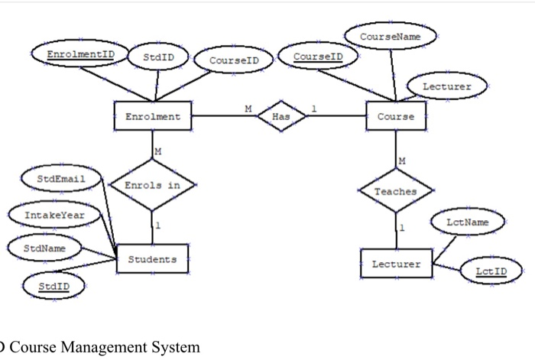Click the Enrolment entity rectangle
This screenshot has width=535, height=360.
pos(153,117)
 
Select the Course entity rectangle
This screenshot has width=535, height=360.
pos(396,117)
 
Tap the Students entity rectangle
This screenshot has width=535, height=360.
pos(152,259)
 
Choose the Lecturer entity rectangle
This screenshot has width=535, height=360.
pos(396,264)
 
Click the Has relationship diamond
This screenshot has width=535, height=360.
pos(280,117)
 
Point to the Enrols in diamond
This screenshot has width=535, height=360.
pos(153,185)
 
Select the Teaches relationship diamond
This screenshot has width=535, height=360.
pos(396,192)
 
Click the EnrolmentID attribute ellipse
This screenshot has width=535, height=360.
pos(80,55)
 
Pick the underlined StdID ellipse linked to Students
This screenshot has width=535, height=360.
pos(53,286)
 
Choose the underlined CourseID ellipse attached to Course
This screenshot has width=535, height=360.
pos(318,57)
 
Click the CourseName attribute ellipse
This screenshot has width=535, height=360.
pos(391,35)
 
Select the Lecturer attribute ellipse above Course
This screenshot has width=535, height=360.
pos(447,87)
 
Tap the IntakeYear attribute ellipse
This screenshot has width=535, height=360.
pos(54,216)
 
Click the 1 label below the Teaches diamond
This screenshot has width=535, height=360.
pos(402,228)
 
